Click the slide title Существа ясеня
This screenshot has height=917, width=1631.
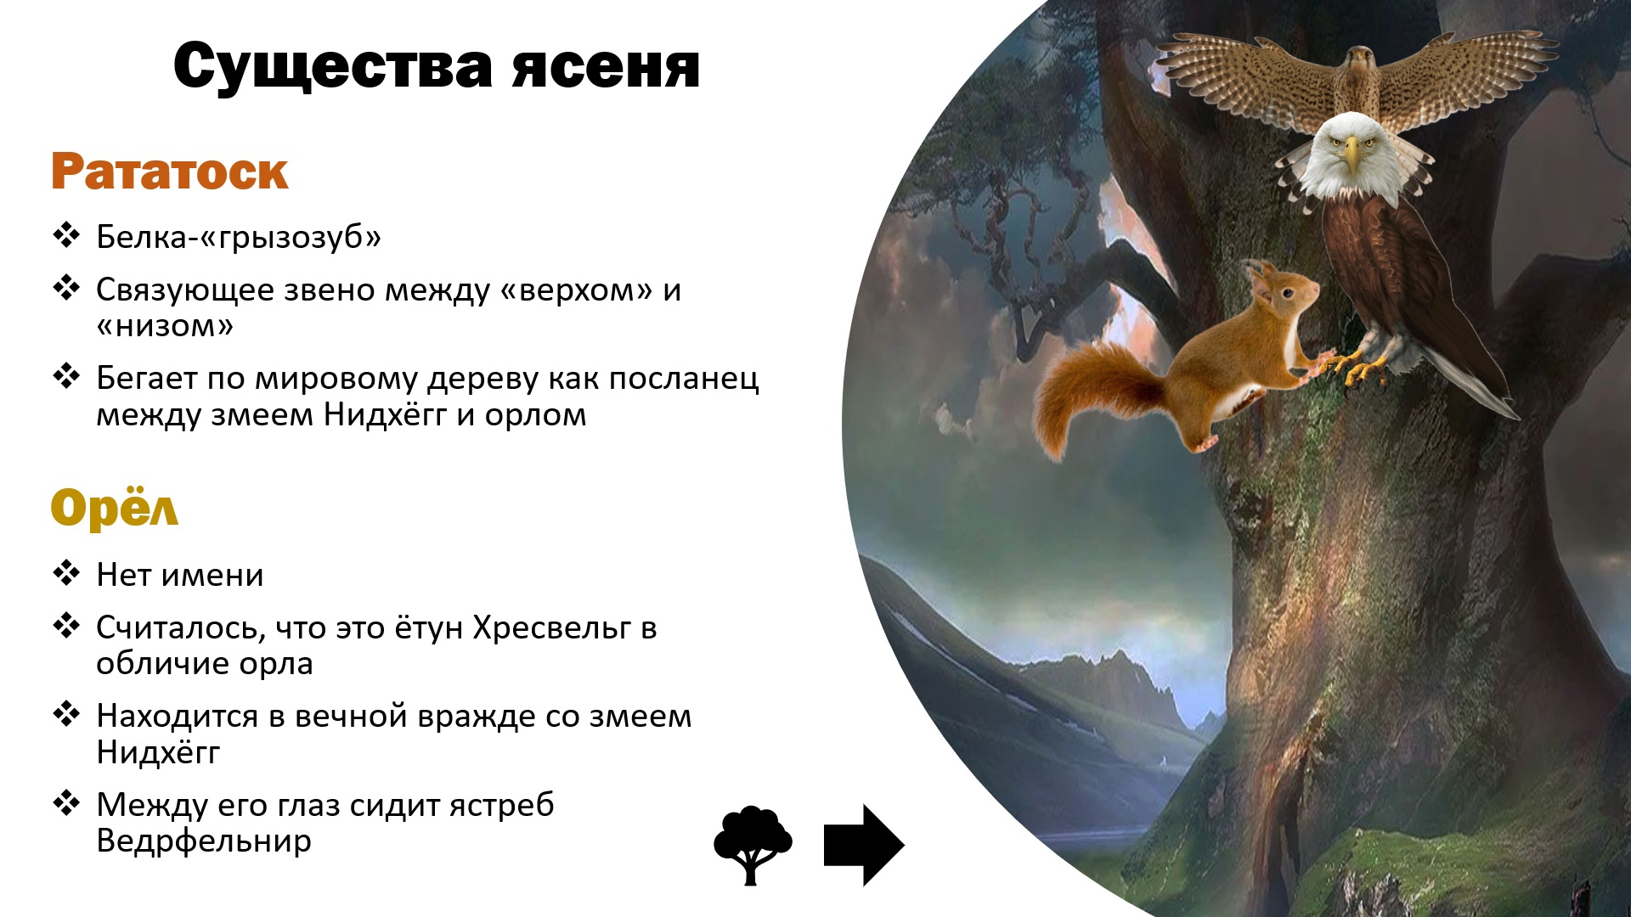(x=437, y=66)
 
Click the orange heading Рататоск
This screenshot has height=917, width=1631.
(x=170, y=172)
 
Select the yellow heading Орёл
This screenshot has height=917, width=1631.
(x=115, y=508)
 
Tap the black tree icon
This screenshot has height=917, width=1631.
(x=752, y=844)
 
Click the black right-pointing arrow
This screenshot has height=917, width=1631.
(x=863, y=845)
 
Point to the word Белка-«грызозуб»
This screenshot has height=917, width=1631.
(x=239, y=237)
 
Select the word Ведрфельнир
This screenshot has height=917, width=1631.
(x=204, y=841)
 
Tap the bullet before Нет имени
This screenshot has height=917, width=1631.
(x=66, y=573)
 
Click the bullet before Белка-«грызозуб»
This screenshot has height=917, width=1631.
(x=66, y=235)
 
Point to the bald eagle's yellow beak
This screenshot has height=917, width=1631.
(x=1351, y=155)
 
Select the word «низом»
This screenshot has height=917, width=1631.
(x=165, y=326)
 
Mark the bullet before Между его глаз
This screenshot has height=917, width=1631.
(x=66, y=802)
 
